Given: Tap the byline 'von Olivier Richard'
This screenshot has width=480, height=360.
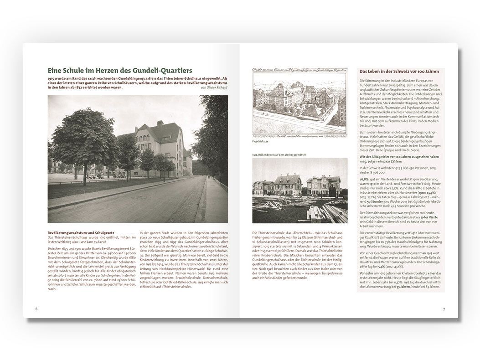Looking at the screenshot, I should tap(214, 87).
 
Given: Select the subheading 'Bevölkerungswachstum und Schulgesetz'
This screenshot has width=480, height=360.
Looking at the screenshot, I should tap(77, 232).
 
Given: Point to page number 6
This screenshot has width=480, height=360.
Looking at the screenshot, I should tap(36, 309).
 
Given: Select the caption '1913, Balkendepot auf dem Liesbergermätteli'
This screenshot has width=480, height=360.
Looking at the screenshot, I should tap(279, 154).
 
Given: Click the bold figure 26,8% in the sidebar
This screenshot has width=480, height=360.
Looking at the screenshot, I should tap(365, 180).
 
